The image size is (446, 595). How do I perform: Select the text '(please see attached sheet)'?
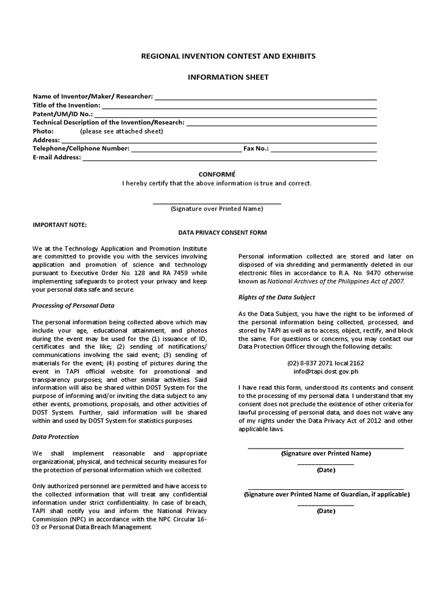[x=121, y=131]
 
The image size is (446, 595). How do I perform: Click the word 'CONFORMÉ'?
[x=217, y=174]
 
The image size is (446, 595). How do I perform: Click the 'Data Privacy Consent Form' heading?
[x=222, y=232]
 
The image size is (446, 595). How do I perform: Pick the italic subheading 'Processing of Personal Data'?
[x=73, y=305]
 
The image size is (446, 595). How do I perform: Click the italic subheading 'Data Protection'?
[x=56, y=436]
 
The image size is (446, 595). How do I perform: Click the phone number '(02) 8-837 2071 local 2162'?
[x=325, y=363]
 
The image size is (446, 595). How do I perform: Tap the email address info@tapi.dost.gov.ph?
[x=325, y=371]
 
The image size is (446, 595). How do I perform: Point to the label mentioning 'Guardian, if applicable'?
[x=326, y=494]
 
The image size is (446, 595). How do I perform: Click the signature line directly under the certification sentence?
[x=217, y=203]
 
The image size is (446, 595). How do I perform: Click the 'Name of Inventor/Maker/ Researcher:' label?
[x=92, y=96]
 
